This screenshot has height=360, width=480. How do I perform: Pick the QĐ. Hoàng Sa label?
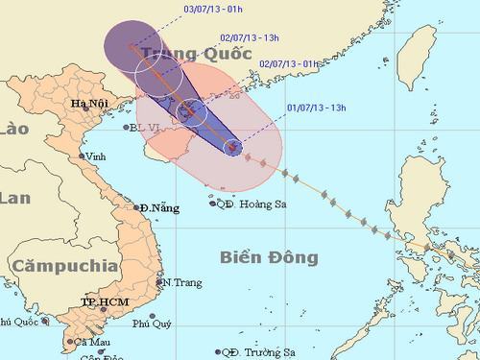(x=255, y=203)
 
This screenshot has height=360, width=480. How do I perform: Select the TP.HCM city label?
(x=103, y=301)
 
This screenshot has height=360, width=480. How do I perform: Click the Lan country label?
(x=15, y=199)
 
